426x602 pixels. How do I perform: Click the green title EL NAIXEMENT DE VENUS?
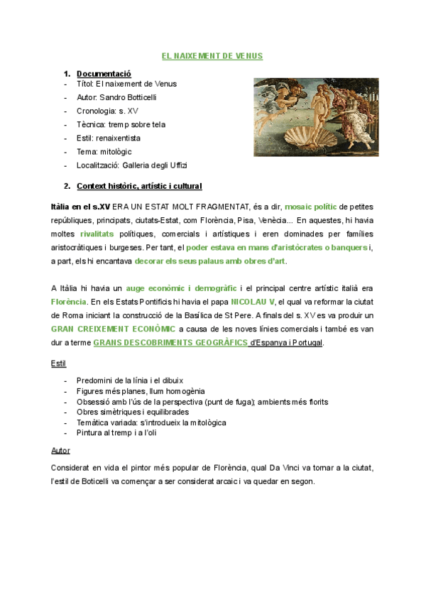point(212,55)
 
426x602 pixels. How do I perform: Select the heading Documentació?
point(104,73)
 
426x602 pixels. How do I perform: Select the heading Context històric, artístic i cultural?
point(139,187)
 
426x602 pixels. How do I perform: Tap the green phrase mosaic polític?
point(311,207)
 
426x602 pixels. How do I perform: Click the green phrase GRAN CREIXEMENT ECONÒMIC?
point(113,329)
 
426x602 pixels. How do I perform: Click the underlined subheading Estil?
point(58,363)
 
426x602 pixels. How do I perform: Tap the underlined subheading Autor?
point(60,450)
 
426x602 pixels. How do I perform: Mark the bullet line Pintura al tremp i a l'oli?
point(119,432)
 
